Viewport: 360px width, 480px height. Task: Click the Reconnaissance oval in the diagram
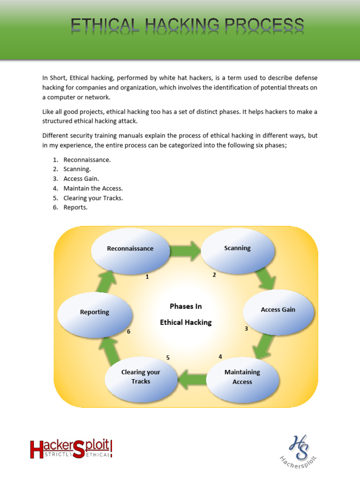[x=130, y=248]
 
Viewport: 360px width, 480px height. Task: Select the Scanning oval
[x=237, y=248]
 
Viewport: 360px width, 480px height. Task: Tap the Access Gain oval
[x=277, y=310]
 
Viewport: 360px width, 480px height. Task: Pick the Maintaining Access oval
[x=242, y=377]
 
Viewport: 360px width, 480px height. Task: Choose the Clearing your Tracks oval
[x=141, y=377]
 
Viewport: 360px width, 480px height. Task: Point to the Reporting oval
[x=94, y=312]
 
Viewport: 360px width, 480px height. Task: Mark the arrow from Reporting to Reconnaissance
[x=108, y=282]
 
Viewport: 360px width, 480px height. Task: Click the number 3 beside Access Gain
[x=246, y=329]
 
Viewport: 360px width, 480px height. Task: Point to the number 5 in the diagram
[x=168, y=358]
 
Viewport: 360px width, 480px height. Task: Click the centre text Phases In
[x=186, y=306]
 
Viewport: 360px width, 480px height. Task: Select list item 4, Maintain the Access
[x=93, y=188]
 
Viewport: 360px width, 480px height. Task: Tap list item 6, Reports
[x=75, y=207]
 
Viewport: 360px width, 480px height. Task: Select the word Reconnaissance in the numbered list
[x=87, y=160]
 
